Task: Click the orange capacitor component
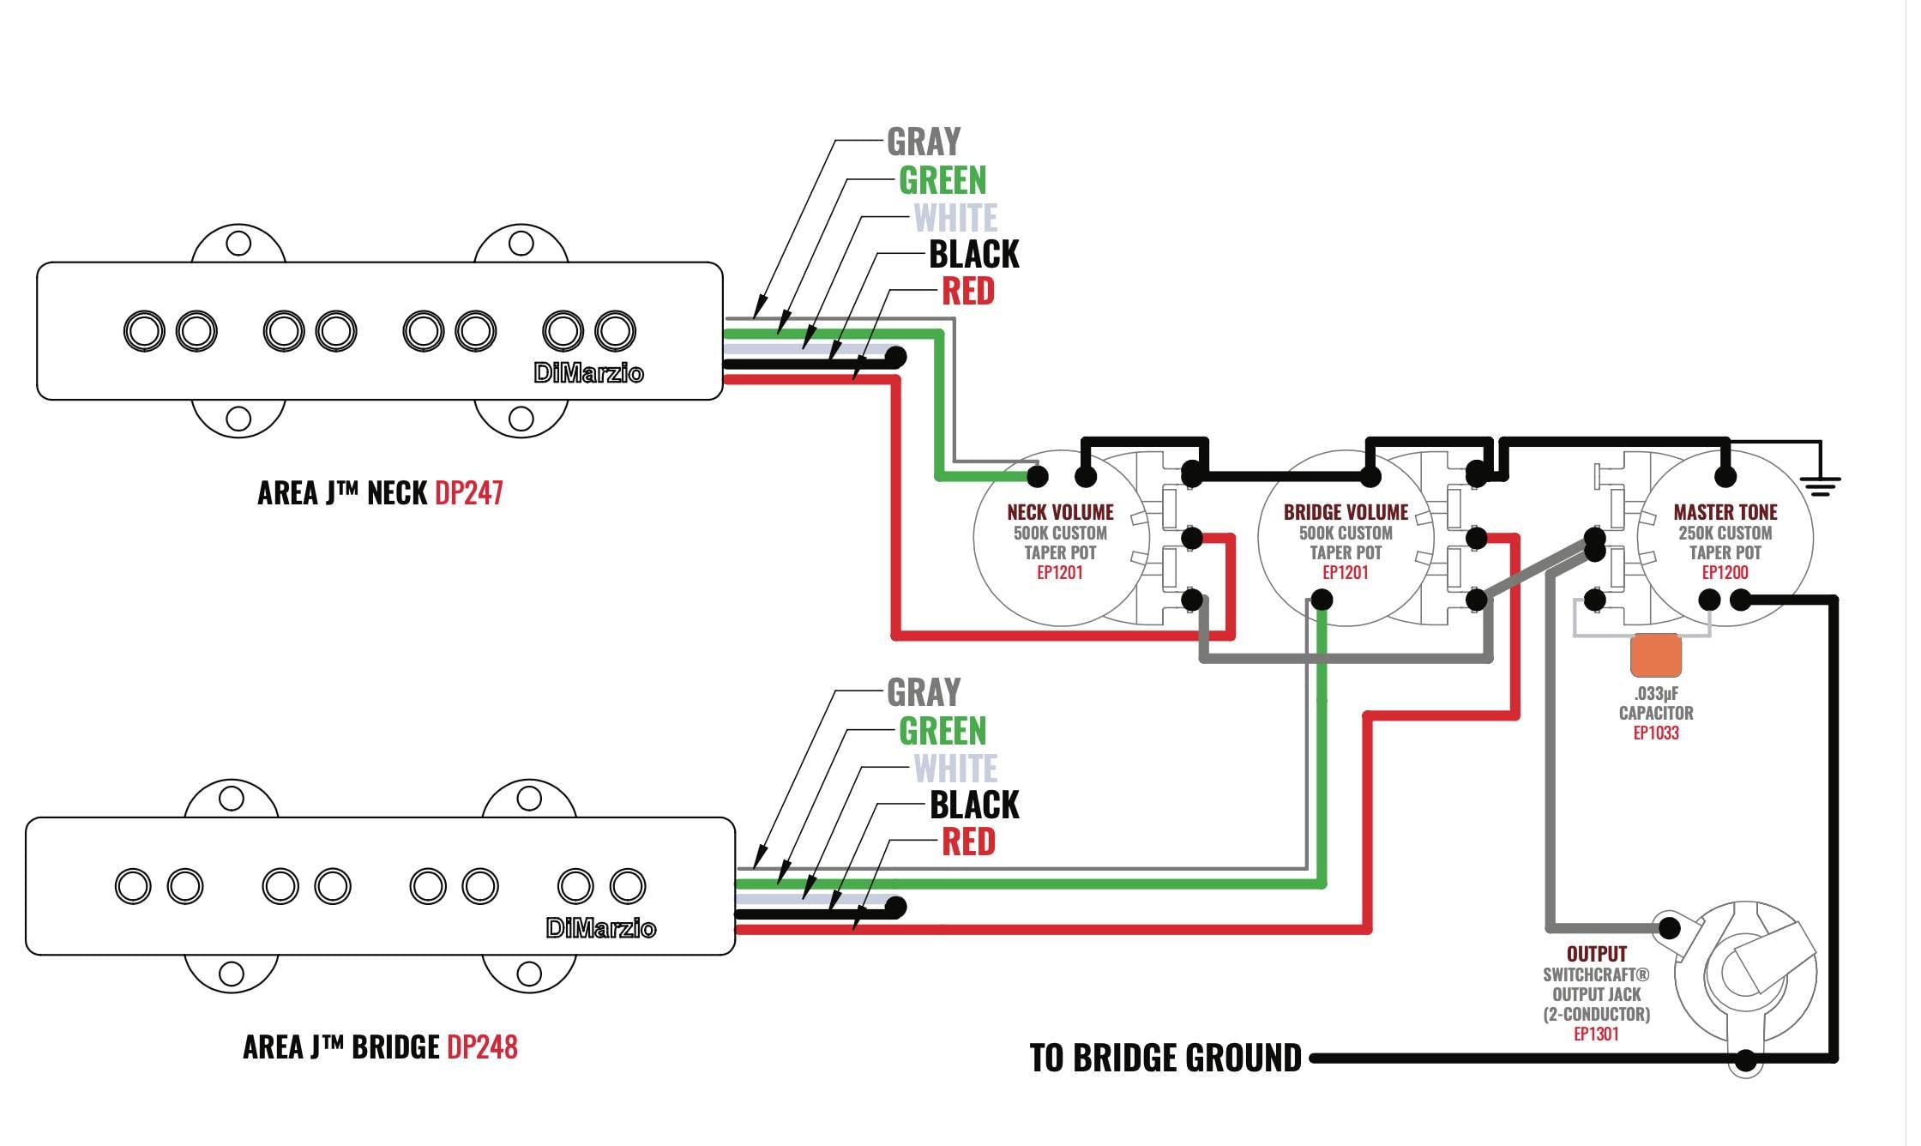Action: coord(1656,655)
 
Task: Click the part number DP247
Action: coord(469,493)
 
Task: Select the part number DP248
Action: coord(483,1047)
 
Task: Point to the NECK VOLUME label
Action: coord(1060,512)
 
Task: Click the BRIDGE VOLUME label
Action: coord(1346,512)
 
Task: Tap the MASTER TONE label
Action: coord(1725,512)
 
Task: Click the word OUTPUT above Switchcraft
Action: coord(1597,954)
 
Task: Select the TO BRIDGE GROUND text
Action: coord(1165,1059)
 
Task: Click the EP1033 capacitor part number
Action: coord(1656,733)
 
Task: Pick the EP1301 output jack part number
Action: coord(1596,1034)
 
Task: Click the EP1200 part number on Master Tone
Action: coord(1725,573)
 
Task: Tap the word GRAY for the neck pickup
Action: coord(924,142)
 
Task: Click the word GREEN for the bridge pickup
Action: coord(942,732)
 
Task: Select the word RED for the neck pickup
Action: coord(968,292)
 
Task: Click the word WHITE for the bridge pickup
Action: coord(955,769)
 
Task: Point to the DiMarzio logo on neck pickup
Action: coord(588,373)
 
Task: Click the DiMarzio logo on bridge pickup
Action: coord(600,928)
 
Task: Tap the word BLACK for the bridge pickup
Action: coord(974,805)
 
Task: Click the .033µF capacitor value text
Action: coord(1656,694)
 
